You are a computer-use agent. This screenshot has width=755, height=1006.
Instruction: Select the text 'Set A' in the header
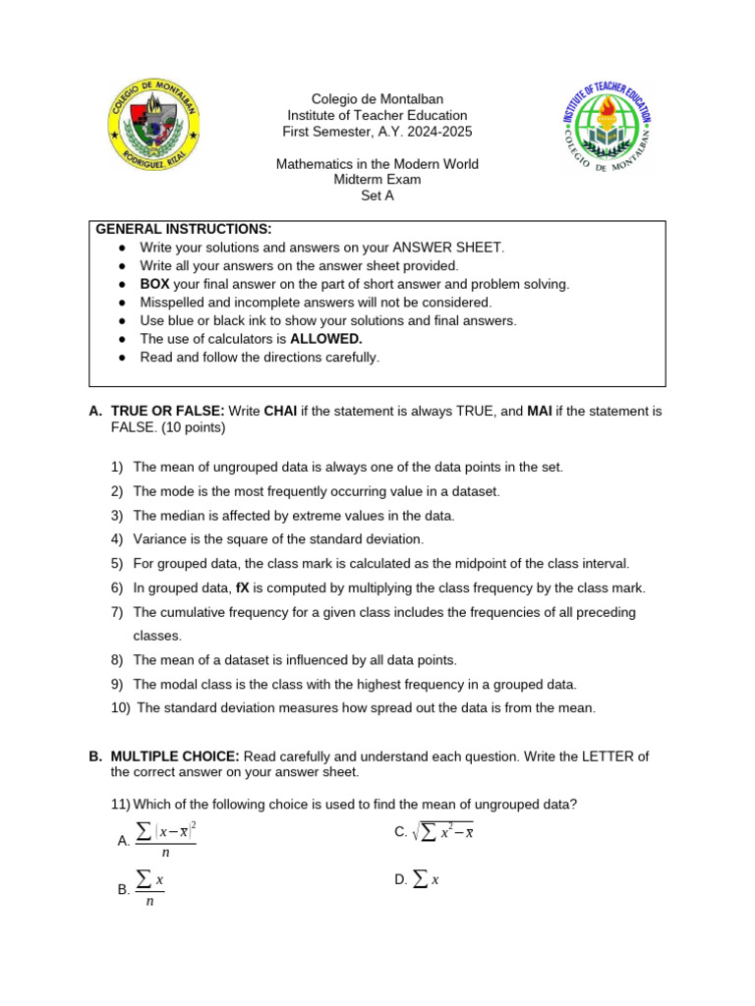coord(377,196)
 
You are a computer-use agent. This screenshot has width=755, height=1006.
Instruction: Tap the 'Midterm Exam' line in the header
coord(377,180)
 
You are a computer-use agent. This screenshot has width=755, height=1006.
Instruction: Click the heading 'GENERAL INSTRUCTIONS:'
coord(183,229)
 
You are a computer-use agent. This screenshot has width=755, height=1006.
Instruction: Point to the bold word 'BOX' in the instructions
coord(154,284)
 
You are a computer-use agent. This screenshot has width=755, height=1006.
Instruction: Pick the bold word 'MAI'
coord(539,411)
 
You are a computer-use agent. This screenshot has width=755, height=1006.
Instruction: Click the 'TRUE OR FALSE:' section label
coord(168,411)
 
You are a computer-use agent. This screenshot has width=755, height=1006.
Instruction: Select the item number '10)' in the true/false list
coord(122,708)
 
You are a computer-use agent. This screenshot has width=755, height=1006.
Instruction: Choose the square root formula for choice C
coord(442,832)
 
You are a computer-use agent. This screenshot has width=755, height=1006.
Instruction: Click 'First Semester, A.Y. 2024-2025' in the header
coord(377,132)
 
